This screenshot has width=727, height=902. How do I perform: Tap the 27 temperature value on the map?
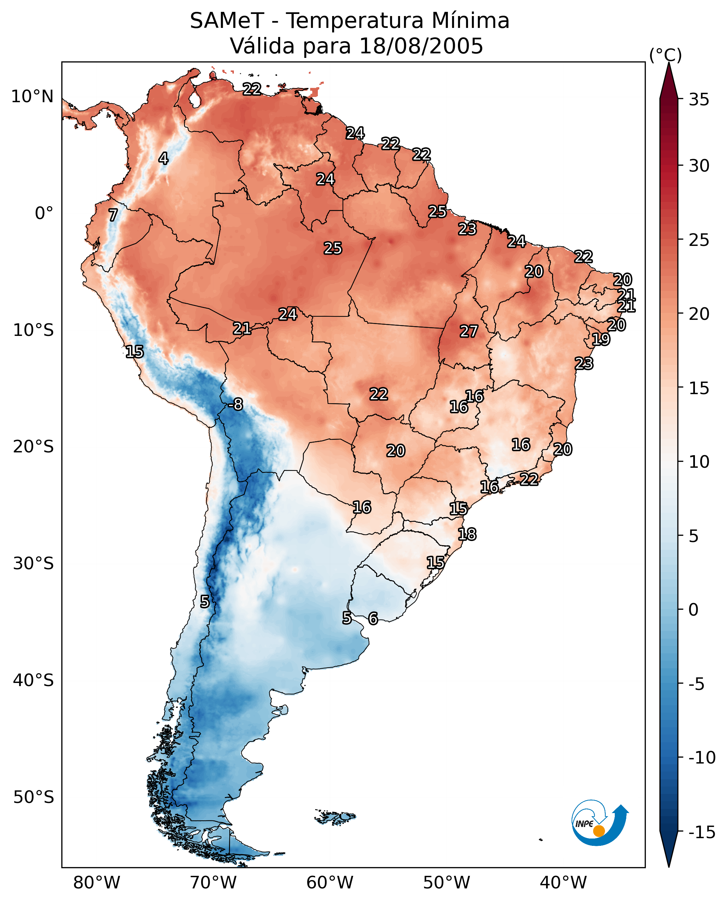pyautogui.click(x=469, y=332)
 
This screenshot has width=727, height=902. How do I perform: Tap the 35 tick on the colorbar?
pyautogui.click(x=699, y=100)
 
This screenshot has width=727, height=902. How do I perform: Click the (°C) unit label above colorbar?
pyautogui.click(x=665, y=55)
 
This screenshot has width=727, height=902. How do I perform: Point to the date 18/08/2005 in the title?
pyautogui.click(x=421, y=46)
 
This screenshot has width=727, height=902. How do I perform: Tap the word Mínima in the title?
pyautogui.click(x=470, y=21)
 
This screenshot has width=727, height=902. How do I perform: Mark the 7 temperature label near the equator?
pyautogui.click(x=113, y=215)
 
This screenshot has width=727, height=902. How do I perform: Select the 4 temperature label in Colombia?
pyautogui.click(x=163, y=158)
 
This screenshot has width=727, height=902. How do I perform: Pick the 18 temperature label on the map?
pyautogui.click(x=467, y=534)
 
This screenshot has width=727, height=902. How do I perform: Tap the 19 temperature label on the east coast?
pyautogui.click(x=601, y=339)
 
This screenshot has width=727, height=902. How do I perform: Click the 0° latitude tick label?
pyautogui.click(x=44, y=213)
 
